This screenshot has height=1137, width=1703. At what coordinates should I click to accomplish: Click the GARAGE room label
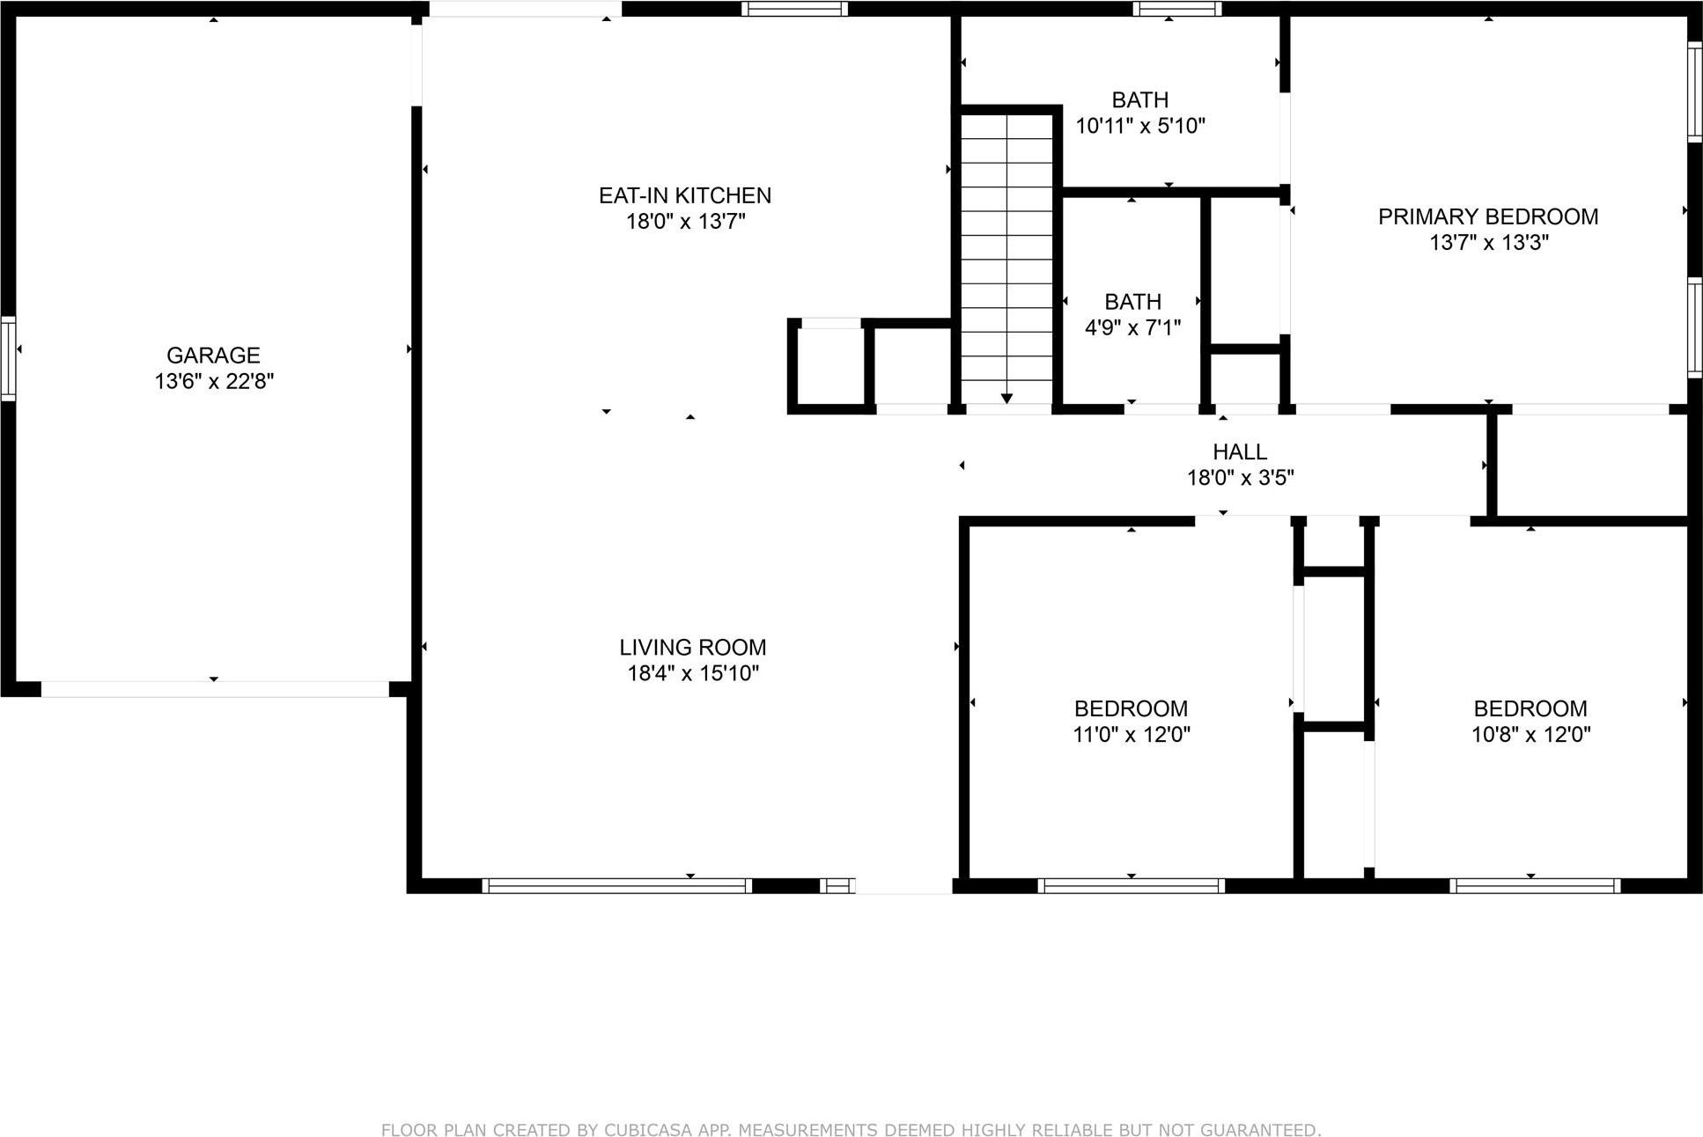coord(213,355)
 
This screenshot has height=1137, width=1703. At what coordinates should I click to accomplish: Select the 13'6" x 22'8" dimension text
coord(214,381)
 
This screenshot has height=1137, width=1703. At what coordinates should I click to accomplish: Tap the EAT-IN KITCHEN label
coord(684,195)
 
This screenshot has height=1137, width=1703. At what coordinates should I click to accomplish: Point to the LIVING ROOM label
coord(692,647)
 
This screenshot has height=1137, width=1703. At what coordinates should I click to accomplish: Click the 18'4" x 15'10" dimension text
coord(692,673)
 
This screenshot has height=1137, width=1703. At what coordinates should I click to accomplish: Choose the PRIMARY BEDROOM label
coord(1487,216)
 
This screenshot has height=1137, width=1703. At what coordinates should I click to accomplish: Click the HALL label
coord(1239,451)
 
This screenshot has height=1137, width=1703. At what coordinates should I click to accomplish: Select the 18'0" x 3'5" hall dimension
coord(1239,478)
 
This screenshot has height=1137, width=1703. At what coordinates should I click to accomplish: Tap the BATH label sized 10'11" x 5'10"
coord(1139,99)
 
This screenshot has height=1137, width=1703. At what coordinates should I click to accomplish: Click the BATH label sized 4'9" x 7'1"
coord(1132,302)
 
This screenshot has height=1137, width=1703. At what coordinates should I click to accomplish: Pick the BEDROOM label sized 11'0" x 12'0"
coord(1131,708)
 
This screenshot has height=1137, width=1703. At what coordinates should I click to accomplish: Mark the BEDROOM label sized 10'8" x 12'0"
coord(1530,708)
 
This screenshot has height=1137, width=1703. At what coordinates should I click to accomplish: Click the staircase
coord(1006,255)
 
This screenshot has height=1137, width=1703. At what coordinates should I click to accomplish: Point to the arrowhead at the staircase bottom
coord(1006,399)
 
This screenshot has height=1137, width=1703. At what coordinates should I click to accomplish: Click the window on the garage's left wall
coord(8,358)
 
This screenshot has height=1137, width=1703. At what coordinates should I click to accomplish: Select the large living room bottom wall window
coord(616,885)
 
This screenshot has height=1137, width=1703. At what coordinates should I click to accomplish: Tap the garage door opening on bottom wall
coord(215,689)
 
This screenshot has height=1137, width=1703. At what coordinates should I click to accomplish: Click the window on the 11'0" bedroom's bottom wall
coord(1131,885)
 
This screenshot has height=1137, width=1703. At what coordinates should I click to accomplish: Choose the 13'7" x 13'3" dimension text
coord(1487,242)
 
